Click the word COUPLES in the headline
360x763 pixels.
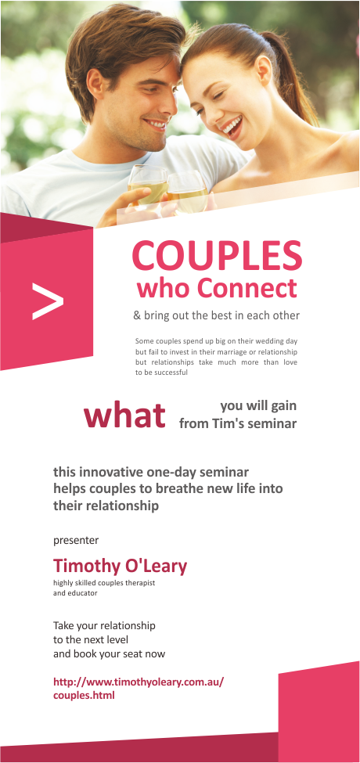[x=217, y=255]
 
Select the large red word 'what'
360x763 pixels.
[x=125, y=416]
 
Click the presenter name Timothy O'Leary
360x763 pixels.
[x=120, y=566]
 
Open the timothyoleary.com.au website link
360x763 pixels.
[x=139, y=688]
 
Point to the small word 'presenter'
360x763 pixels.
[x=76, y=540]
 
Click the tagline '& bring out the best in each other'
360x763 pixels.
[x=216, y=316]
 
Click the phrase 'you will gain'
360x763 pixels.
[x=258, y=405]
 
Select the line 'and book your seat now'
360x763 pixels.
[x=109, y=653]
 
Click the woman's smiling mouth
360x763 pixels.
[x=232, y=125]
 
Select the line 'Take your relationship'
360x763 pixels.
[x=104, y=625]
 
